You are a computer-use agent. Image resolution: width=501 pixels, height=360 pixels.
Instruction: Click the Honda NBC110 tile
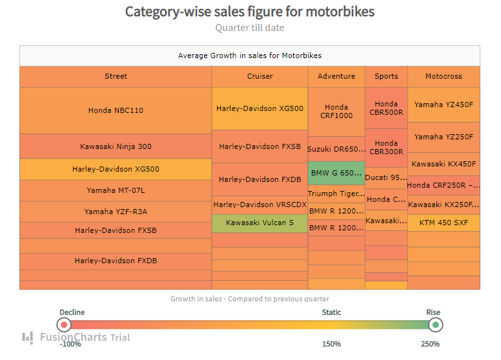116,110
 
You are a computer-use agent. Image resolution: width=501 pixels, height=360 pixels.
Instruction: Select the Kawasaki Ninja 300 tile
116,146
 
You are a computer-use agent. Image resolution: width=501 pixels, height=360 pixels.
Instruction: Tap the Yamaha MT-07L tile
116,190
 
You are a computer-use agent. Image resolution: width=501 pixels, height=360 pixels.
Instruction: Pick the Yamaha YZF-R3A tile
116,212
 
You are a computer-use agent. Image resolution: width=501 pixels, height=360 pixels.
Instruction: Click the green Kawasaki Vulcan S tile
260,223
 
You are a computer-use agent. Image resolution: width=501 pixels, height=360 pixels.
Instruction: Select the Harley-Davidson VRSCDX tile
260,205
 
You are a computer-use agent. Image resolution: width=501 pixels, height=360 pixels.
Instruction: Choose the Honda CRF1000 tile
336,112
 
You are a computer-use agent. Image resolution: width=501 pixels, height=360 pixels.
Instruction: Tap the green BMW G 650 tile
336,173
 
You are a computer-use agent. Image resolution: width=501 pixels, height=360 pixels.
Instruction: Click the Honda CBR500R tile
386,108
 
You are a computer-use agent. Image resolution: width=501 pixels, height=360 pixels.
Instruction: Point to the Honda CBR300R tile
386,148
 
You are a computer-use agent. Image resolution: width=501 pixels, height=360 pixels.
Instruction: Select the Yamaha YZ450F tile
444,105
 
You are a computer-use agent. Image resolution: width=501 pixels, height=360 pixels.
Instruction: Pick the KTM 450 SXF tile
444,223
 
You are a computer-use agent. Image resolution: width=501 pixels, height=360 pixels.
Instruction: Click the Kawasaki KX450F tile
444,164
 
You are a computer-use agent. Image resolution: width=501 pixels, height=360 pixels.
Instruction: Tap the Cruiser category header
260,76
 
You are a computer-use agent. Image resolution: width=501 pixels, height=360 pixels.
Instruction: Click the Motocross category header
444,76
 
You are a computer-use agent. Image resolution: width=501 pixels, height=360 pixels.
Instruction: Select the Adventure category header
336,76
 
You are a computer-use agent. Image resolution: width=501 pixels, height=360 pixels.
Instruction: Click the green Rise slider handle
436,325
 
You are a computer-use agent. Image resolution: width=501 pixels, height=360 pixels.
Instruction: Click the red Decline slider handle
64,325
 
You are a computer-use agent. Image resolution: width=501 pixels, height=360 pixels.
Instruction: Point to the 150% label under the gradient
331,344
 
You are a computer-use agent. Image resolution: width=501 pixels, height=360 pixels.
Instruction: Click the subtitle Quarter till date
250,28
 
